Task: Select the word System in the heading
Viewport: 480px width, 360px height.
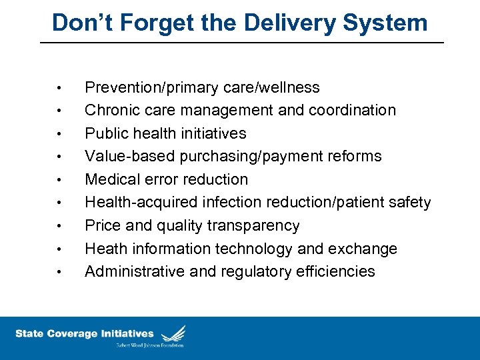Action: tap(384, 23)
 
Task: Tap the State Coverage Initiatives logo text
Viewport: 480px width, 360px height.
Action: tap(85, 333)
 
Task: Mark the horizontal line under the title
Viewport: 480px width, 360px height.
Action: tap(241, 43)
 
